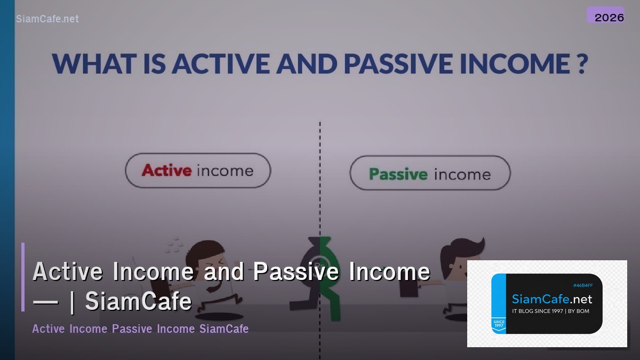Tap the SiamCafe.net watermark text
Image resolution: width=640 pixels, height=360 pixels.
(x=47, y=19)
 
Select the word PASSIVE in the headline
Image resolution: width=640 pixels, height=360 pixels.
(x=407, y=63)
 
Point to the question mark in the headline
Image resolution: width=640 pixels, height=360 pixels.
(x=581, y=63)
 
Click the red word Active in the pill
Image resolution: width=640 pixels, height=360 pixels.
(x=166, y=171)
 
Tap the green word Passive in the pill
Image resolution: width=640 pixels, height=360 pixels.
(x=398, y=174)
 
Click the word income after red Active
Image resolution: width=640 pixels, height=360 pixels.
(x=225, y=171)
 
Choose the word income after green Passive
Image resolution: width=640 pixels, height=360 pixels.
(x=461, y=174)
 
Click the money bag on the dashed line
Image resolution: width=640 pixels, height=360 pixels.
(x=320, y=256)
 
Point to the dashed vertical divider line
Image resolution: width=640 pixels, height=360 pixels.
(x=320, y=160)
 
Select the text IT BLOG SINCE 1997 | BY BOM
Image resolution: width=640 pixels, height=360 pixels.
(x=550, y=311)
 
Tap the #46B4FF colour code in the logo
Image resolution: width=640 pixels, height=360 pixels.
(x=582, y=286)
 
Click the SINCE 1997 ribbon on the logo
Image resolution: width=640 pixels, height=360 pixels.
(x=499, y=324)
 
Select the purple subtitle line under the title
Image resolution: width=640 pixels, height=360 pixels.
(x=140, y=329)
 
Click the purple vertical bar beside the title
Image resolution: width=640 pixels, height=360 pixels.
(x=23, y=277)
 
